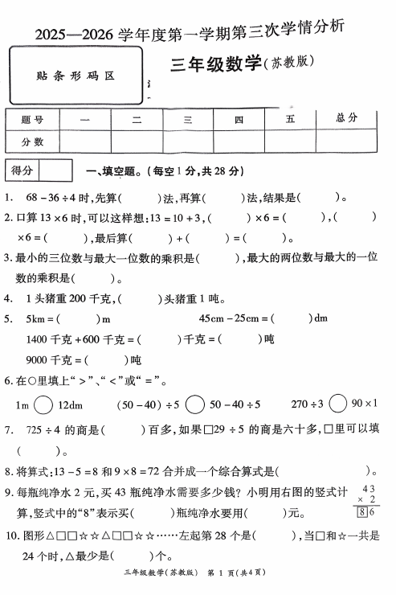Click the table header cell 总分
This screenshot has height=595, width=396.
click(x=347, y=118)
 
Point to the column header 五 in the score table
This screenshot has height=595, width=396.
click(x=290, y=119)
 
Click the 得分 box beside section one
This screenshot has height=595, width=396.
click(x=23, y=170)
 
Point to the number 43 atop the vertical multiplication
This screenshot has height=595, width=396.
click(x=369, y=488)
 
